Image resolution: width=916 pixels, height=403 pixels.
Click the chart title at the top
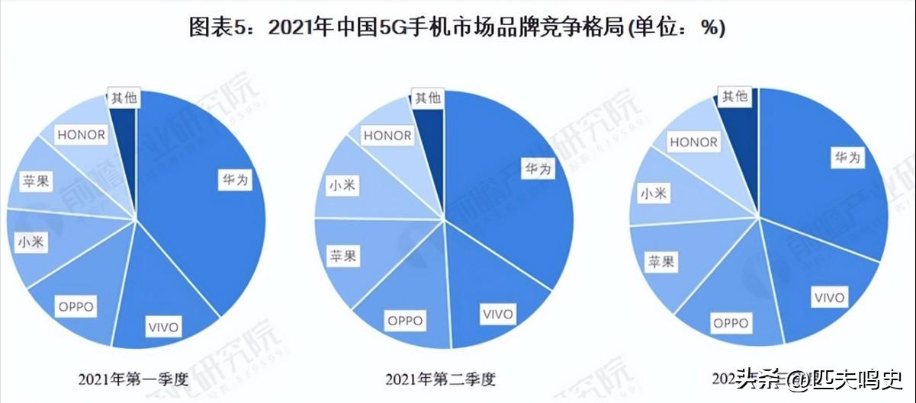tap(457, 28)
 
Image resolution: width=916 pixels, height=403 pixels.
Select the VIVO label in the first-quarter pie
tap(163, 328)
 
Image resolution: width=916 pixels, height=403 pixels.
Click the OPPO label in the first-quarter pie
tap(75, 307)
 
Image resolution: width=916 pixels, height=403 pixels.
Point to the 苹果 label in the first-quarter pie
tap(37, 182)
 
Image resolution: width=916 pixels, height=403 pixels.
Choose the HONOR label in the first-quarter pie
tap(81, 135)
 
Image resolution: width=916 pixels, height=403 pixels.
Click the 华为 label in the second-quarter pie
tap(538, 168)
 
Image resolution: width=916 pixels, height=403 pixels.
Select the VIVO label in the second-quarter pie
tap(497, 313)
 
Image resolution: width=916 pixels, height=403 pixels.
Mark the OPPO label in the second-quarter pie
tap(405, 321)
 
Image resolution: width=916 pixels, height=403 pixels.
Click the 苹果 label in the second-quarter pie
tap(342, 255)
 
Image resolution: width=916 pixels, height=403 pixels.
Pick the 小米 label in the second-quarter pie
tap(342, 185)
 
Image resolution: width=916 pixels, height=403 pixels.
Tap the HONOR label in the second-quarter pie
tap(387, 136)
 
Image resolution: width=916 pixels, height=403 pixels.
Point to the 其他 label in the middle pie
tap(427, 98)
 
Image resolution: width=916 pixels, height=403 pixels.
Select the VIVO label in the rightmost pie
tap(829, 296)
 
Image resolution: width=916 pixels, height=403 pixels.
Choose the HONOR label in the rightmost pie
tap(693, 142)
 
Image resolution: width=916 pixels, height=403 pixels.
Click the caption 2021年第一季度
tap(133, 379)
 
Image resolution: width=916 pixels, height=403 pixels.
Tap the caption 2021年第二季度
tap(445, 379)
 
